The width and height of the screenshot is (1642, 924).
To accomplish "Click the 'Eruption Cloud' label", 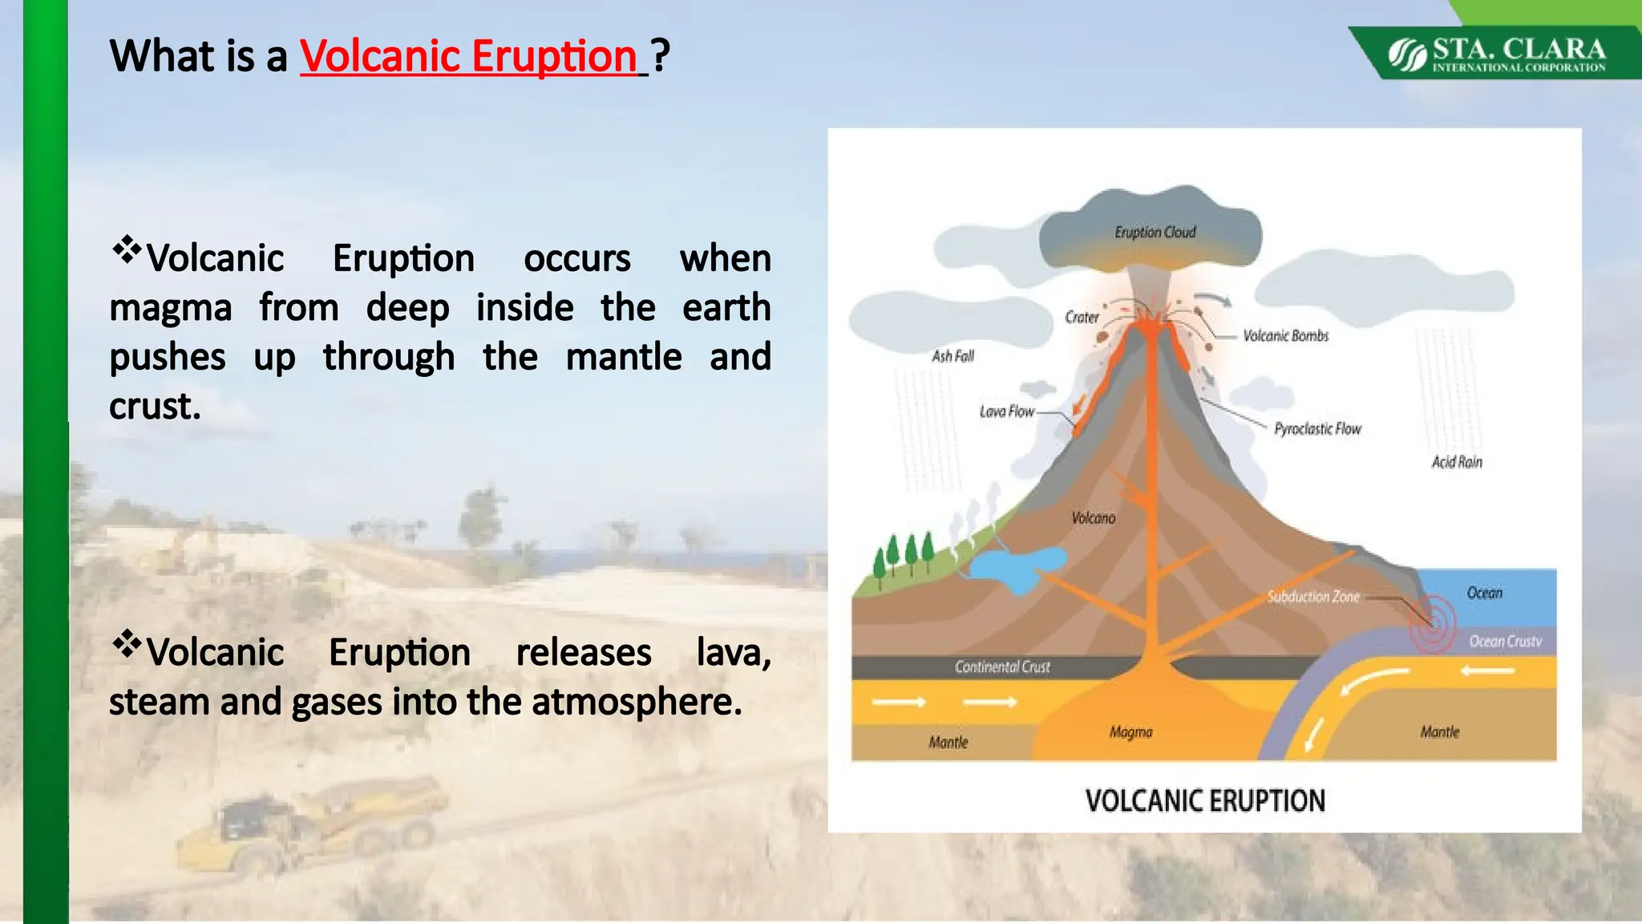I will tap(1155, 233).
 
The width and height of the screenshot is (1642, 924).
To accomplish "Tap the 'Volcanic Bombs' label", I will tap(1285, 336).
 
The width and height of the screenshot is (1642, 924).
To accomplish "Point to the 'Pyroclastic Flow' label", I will tap(1317, 429).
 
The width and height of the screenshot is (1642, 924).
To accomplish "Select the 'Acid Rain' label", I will tap(1457, 462).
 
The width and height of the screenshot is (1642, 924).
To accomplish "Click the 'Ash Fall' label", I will tap(952, 356).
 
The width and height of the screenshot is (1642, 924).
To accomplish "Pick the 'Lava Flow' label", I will tap(1007, 411).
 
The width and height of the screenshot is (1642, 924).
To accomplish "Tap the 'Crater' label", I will tap(1082, 318).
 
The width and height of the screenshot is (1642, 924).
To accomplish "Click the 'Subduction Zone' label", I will tap(1312, 597).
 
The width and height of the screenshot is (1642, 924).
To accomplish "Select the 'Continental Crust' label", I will tap(1002, 667).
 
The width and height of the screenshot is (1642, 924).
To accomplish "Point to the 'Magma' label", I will tap(1130, 731).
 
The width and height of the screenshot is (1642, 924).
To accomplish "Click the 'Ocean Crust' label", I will tap(1505, 641).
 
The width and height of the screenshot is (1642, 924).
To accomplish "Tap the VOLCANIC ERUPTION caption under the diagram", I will tap(1205, 800).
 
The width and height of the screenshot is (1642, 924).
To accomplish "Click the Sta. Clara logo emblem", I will tap(1407, 55).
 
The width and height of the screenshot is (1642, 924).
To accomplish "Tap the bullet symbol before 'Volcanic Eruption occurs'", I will tap(127, 250).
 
